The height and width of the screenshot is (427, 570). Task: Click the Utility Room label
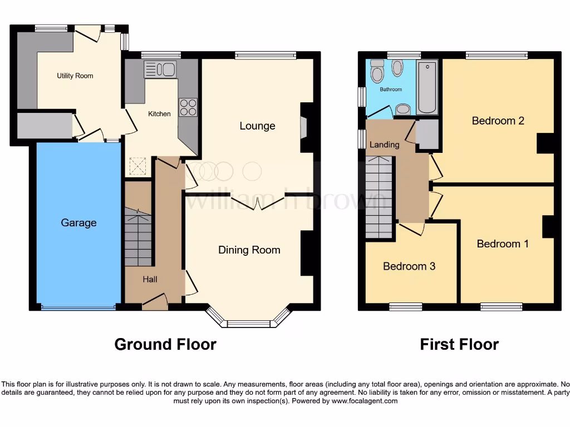(x=75, y=76)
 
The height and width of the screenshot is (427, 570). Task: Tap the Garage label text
(x=78, y=223)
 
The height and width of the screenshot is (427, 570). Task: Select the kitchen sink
(x=160, y=69)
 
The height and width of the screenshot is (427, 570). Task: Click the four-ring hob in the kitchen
(x=188, y=107)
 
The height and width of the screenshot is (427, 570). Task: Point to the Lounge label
(x=257, y=126)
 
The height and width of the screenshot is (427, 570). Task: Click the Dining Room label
(x=249, y=250)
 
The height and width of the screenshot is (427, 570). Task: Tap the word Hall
(x=149, y=279)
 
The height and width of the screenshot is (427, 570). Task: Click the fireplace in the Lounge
(x=303, y=127)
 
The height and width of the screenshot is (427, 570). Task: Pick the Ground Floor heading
(x=165, y=345)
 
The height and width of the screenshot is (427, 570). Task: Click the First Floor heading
(x=459, y=345)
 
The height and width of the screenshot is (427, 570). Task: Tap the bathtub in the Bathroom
(x=427, y=87)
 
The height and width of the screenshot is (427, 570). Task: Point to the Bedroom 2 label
(x=498, y=121)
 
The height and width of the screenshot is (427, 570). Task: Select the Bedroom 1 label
(x=503, y=244)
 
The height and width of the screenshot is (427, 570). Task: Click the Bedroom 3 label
(x=409, y=266)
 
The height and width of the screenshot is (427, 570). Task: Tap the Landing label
(x=385, y=145)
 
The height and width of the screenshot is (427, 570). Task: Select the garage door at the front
(x=78, y=307)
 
